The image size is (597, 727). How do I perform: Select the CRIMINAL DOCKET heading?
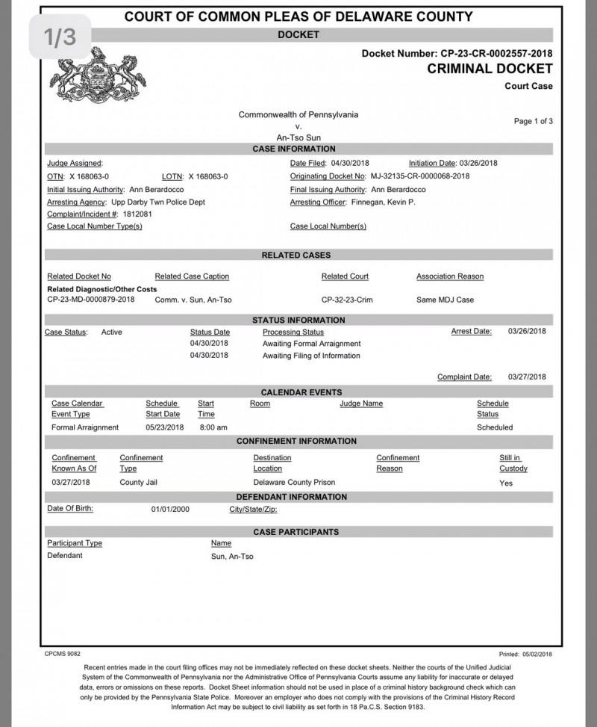point(490,69)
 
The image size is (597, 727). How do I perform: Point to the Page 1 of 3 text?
point(533,121)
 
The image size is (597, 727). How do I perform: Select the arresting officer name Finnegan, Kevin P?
point(384,202)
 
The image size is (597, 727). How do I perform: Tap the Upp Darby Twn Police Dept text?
point(157,202)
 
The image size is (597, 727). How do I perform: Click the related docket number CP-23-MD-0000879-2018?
point(91,300)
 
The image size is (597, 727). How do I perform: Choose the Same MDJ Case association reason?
point(445,300)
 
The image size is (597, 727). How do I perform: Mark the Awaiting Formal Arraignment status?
point(311,344)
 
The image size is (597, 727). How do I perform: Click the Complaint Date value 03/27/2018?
point(527,377)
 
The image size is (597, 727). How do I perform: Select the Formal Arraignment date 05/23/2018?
point(165,427)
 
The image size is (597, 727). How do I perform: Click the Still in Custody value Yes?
point(506,483)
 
